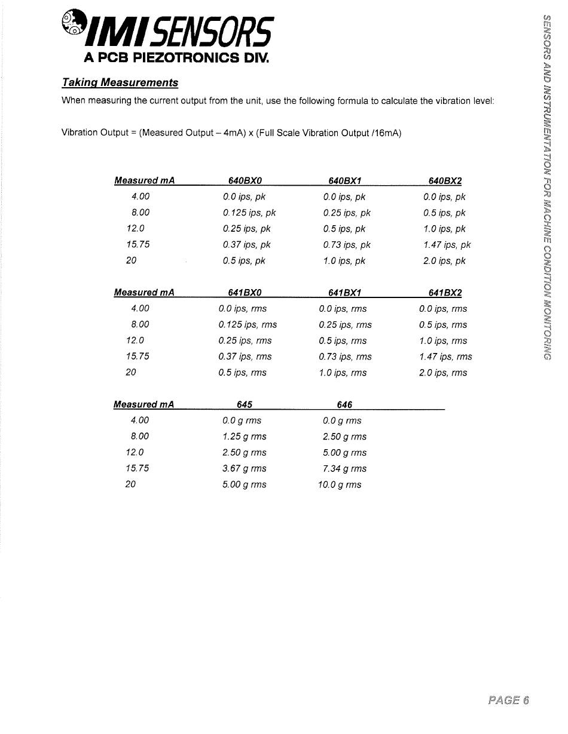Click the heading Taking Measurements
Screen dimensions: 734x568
pyautogui.click(x=120, y=82)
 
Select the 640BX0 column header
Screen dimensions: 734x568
pyautogui.click(x=245, y=181)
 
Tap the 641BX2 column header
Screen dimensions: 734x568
pyautogui.click(x=445, y=293)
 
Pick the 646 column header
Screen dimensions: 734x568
pyautogui.click(x=344, y=404)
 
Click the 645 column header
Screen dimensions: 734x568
pyautogui.click(x=245, y=404)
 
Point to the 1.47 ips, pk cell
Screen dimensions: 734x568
pyautogui.click(x=447, y=245)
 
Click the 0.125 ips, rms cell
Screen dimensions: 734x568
pyautogui.click(x=248, y=325)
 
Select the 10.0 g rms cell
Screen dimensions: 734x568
pyautogui.click(x=340, y=484)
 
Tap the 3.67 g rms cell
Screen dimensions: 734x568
pyautogui.click(x=245, y=468)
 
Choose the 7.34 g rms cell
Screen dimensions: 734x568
pyautogui.click(x=344, y=468)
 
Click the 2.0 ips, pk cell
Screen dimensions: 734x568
pyautogui.click(x=444, y=261)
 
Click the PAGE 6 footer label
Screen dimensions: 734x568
pyautogui.click(x=508, y=700)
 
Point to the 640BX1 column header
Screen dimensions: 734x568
pyautogui.click(x=345, y=181)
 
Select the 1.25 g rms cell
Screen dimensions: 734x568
pyautogui.click(x=245, y=436)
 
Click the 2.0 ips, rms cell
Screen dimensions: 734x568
pyautogui.click(x=443, y=373)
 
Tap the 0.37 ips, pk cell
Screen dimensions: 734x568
pyautogui.click(x=246, y=245)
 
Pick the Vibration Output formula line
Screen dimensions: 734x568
pyautogui.click(x=231, y=133)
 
